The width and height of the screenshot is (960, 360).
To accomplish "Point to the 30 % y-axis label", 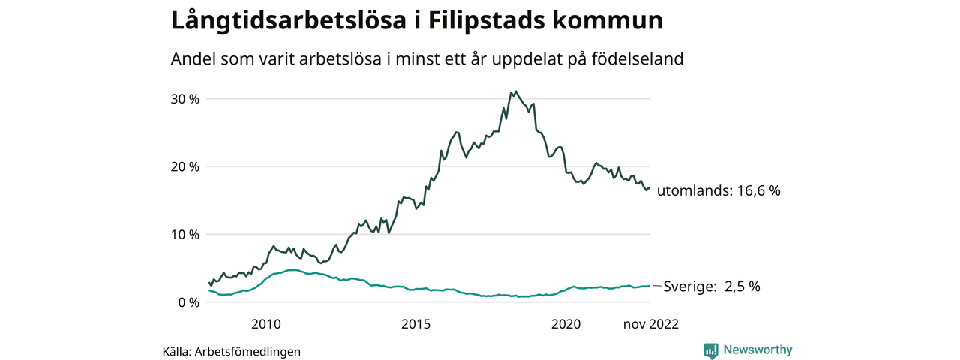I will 183,99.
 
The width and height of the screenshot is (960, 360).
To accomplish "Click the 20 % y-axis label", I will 183,166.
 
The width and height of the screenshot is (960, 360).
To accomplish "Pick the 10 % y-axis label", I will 183,234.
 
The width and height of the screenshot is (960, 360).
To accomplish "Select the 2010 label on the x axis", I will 265,324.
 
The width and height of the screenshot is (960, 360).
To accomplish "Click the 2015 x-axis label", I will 415,324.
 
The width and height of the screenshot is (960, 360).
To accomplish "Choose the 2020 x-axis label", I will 565,324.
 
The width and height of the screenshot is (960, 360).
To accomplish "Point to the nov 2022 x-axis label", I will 650,324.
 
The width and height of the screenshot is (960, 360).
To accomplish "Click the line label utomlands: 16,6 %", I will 718,191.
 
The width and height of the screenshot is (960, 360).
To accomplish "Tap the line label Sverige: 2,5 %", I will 712,286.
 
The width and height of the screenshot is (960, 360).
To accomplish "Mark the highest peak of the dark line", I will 515,91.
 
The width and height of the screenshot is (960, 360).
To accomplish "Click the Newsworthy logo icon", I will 711,350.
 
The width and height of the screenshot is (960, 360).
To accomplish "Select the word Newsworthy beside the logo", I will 757,349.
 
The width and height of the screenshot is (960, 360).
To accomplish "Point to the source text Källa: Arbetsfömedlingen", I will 232,351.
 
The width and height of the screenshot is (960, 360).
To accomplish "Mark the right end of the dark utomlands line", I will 649,190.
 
